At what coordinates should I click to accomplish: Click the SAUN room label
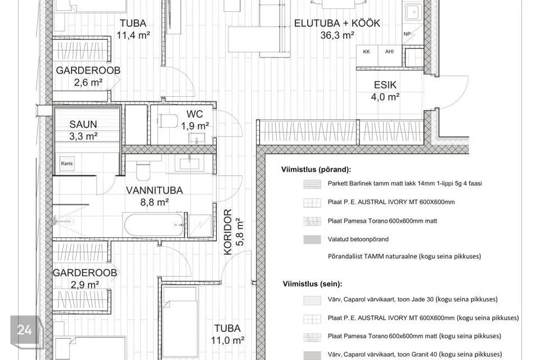83,124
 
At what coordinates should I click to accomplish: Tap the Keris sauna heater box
67,164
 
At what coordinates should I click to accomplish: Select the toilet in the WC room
168,121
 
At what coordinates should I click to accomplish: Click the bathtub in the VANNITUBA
154,225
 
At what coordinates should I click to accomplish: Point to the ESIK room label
385,85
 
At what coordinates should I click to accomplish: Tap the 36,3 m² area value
337,35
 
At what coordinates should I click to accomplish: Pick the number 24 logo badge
24,330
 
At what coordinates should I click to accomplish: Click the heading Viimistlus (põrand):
316,169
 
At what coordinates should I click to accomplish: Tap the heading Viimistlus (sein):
312,284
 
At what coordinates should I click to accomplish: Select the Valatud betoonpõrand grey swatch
312,240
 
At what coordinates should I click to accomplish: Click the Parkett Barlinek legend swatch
312,184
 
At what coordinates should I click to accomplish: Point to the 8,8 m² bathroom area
154,202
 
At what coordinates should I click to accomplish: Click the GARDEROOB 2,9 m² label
85,278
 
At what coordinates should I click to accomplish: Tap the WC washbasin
197,139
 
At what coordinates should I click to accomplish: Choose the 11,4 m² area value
133,35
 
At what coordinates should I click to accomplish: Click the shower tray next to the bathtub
199,226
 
